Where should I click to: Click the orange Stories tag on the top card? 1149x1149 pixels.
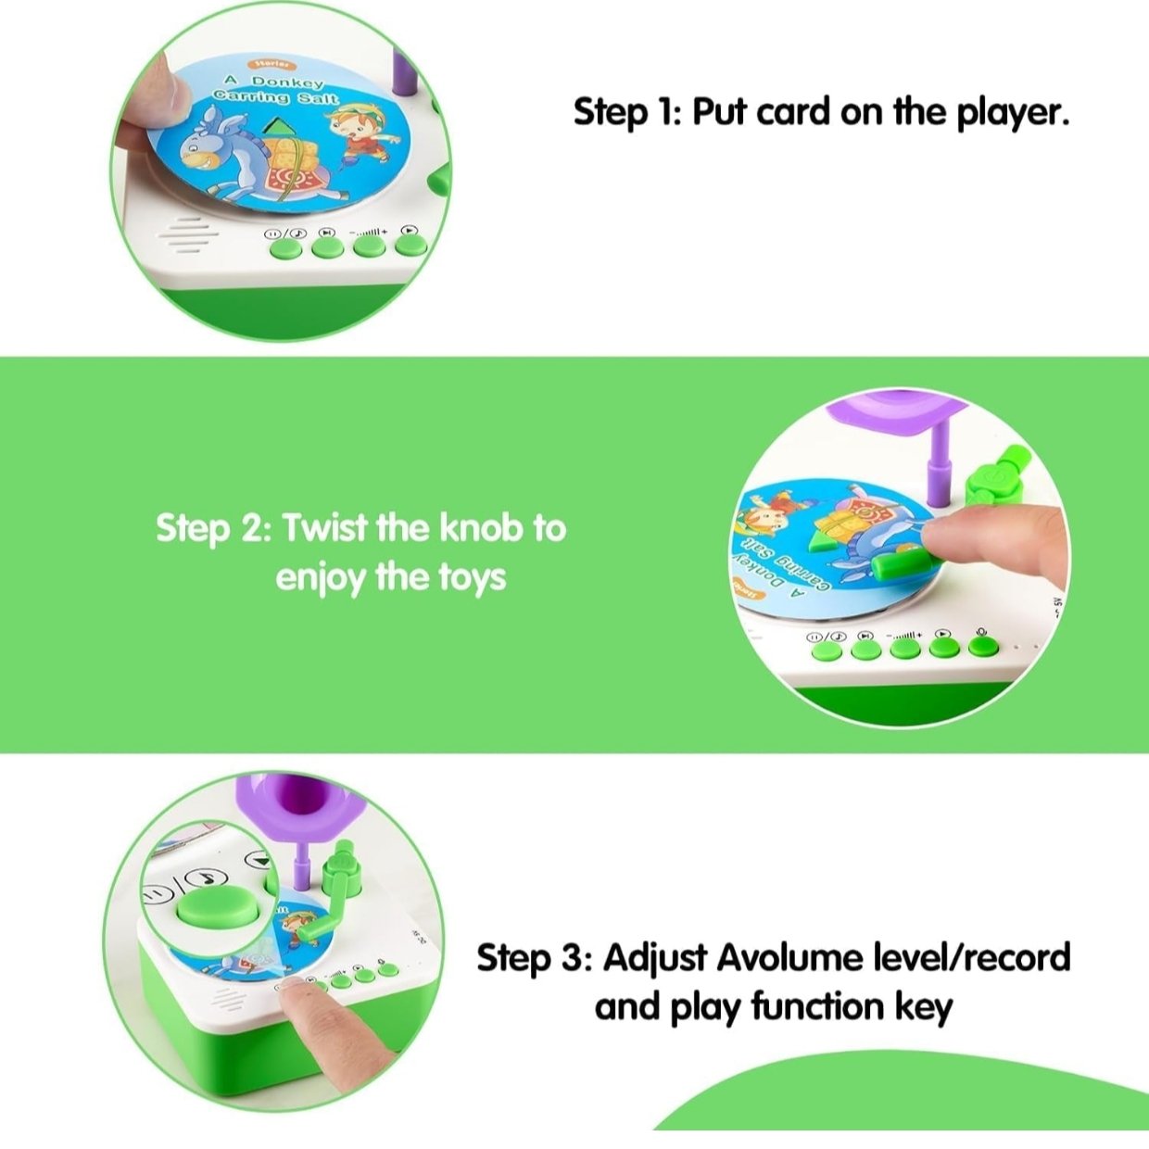tap(271, 64)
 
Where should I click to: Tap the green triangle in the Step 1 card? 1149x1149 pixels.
tap(284, 127)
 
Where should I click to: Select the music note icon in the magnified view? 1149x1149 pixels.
tap(205, 878)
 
